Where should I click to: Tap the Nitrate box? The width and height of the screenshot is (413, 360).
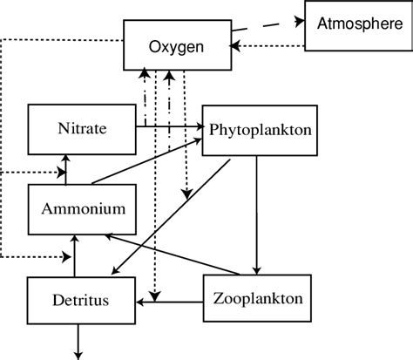pos(84,129)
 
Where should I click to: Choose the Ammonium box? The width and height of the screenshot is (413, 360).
pos(78,209)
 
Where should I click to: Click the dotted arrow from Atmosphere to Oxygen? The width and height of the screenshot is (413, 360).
pos(270,46)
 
